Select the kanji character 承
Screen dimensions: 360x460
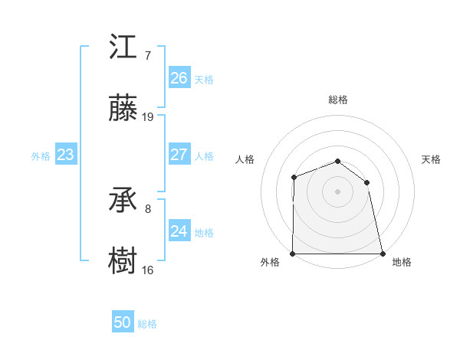123,201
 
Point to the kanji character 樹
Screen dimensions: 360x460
123,261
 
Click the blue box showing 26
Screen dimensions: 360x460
179,77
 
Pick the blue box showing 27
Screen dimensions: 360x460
179,155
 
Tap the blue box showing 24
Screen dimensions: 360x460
179,231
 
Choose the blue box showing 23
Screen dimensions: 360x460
66,155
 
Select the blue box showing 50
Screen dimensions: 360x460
123,322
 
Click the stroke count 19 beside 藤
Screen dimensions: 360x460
148,117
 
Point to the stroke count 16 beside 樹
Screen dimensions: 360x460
148,270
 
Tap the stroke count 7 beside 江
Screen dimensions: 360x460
147,56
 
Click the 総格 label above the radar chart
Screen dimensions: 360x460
338,100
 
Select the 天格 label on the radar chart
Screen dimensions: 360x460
432,159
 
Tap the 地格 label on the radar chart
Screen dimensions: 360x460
402,262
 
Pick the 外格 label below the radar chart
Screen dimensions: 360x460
270,262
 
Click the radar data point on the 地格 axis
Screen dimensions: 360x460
382,253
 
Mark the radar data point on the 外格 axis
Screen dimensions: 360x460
294,253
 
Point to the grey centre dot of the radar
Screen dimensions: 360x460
337,191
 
